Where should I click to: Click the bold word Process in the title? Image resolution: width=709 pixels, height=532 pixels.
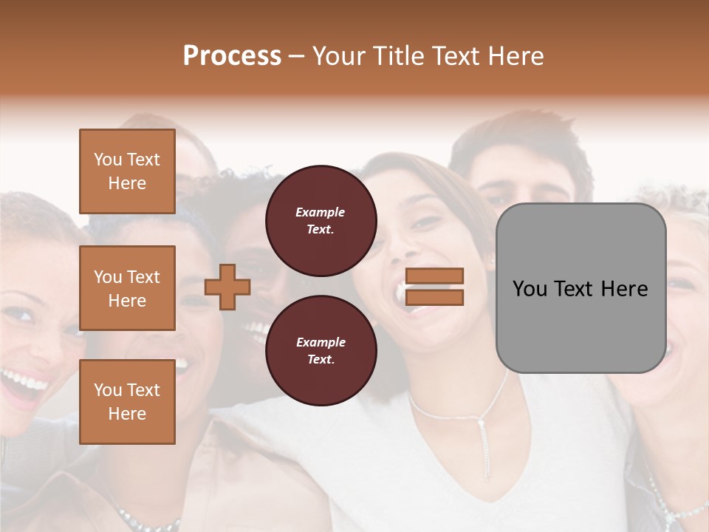232,56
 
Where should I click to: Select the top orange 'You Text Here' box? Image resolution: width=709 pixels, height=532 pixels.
127,171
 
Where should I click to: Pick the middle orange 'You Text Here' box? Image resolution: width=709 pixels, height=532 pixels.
127,288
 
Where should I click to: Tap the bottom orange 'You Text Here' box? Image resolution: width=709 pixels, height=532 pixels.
127,402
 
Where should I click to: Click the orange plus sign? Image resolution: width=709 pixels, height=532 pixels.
227,287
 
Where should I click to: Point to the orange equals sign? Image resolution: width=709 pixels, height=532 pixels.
434,287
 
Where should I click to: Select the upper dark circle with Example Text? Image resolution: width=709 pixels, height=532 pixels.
321,221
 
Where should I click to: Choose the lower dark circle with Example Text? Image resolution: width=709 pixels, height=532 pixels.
321,351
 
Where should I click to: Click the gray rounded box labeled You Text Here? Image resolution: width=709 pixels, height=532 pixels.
580,288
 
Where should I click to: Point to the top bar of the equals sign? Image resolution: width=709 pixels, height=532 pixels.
434,276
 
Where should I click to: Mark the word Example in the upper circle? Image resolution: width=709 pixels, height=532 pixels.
321,212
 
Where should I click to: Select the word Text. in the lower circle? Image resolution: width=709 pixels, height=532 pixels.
321,360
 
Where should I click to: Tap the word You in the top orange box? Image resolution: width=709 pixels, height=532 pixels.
108,160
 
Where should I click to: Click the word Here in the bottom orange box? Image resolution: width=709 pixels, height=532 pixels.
127,414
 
